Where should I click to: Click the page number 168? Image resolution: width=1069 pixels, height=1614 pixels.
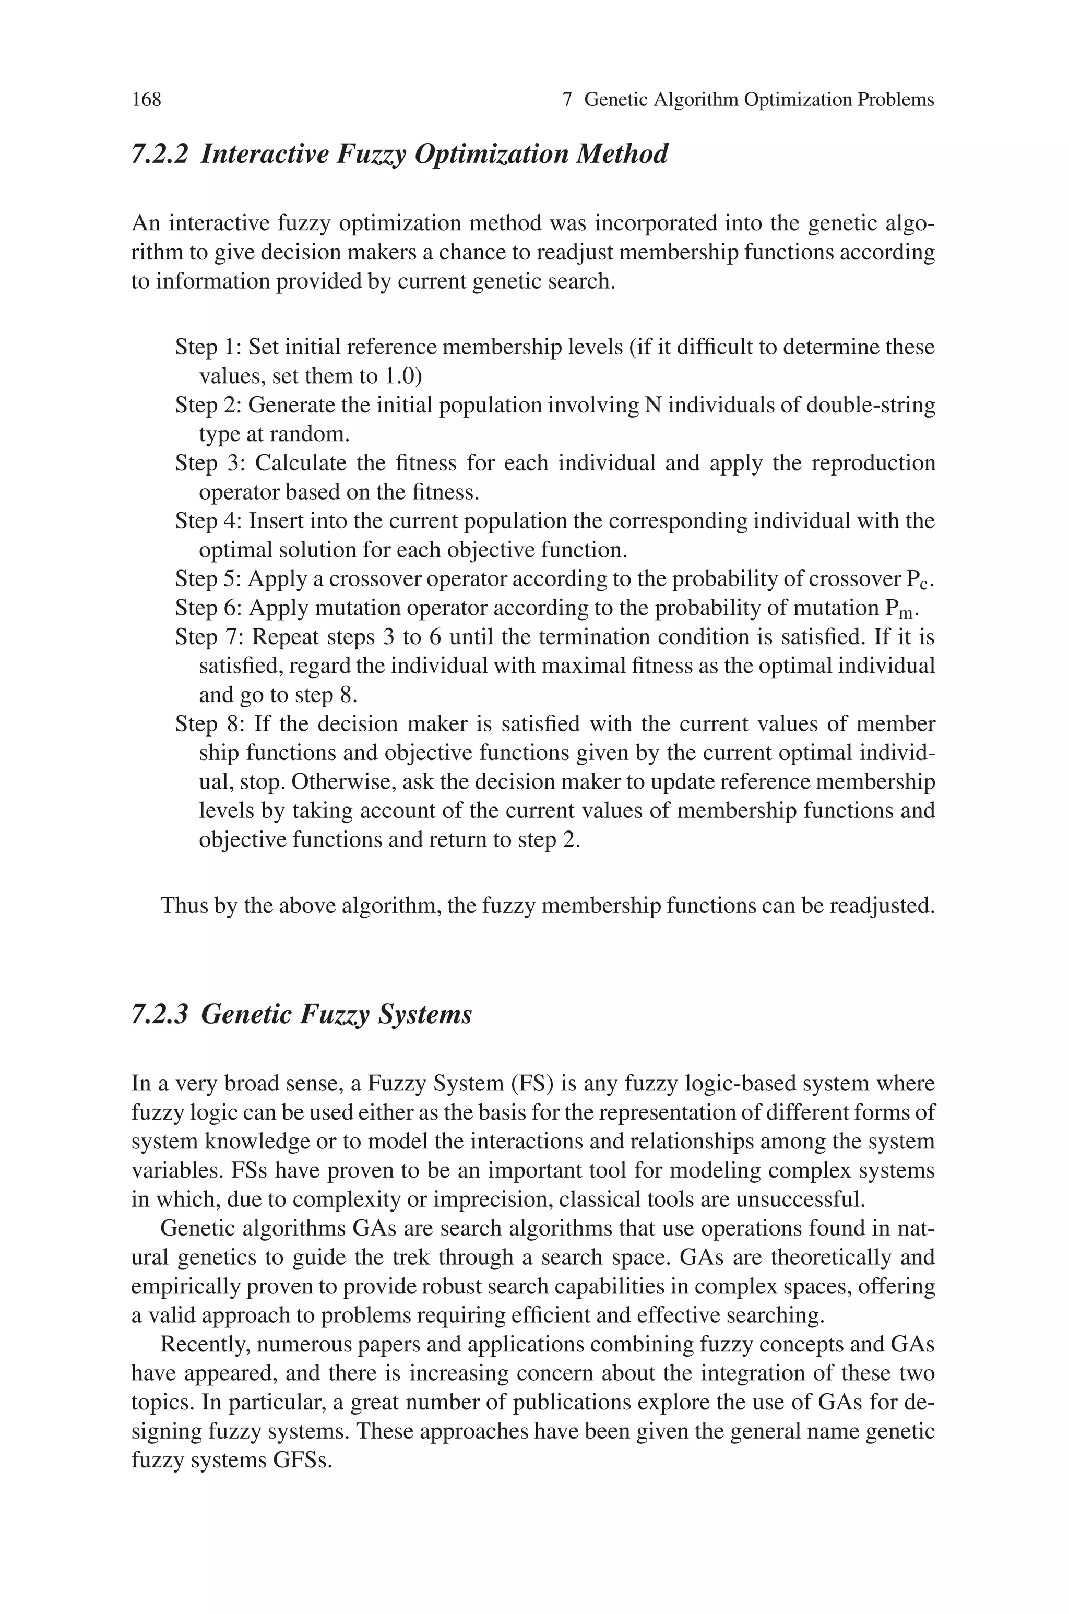click(x=146, y=100)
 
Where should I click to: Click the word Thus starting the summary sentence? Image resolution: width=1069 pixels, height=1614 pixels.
click(x=180, y=906)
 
